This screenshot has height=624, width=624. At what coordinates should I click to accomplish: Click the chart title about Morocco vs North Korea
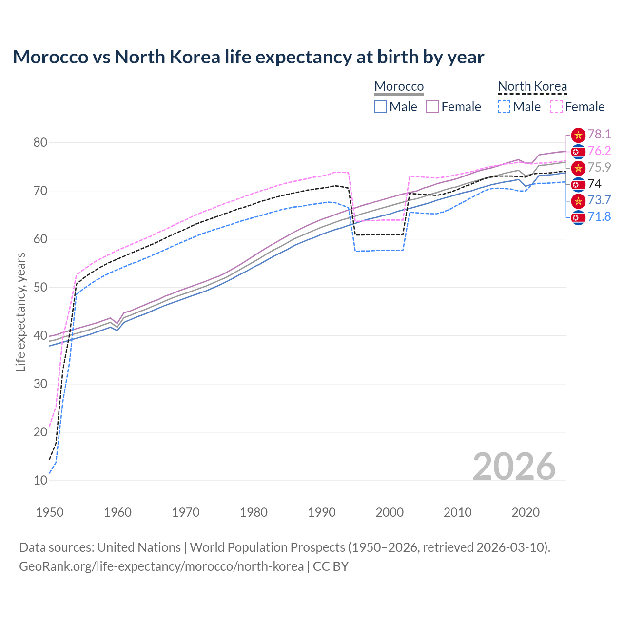coord(248,57)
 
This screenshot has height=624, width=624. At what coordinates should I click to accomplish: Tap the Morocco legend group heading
coord(399,86)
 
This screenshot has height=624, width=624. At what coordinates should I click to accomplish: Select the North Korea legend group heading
coord(532,86)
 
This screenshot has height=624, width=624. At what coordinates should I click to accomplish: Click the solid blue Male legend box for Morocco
coord(381,107)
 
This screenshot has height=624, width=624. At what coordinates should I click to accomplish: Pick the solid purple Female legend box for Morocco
coord(432,107)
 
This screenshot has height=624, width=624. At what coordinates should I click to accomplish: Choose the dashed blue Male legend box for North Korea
coord(504,107)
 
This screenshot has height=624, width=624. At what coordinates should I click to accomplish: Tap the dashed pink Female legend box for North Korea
coord(556,107)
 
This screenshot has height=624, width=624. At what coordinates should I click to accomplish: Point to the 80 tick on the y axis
coord(40,143)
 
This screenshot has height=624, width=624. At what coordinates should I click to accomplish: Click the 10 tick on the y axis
coord(40,480)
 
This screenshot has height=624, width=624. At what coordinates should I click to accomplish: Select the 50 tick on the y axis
coord(40,287)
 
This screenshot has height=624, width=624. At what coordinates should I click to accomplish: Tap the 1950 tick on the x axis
coord(50,512)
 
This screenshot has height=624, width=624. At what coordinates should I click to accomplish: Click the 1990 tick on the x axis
coord(322,512)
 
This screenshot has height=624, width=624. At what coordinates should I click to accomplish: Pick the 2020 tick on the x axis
coord(526,512)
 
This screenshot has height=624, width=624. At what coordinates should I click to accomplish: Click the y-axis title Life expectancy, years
coord(20,312)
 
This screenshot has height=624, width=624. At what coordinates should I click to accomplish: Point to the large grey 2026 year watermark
coord(514,467)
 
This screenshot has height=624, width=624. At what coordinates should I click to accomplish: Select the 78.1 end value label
coord(599,135)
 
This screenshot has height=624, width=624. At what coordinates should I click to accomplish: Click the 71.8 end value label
coord(599,216)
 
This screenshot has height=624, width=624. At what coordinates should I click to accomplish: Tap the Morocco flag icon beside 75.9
coord(578,168)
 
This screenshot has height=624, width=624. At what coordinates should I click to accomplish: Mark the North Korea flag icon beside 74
coord(578,184)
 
